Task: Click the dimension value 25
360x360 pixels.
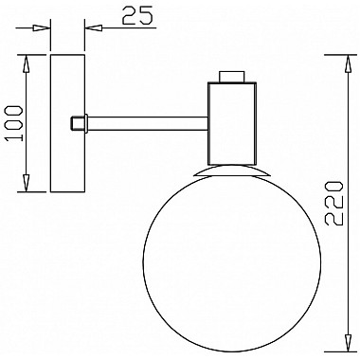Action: tap(137, 15)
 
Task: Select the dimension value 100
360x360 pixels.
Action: tap(13, 120)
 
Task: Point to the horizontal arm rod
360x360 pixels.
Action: tap(147, 121)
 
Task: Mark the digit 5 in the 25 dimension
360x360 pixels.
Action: tap(147, 15)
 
